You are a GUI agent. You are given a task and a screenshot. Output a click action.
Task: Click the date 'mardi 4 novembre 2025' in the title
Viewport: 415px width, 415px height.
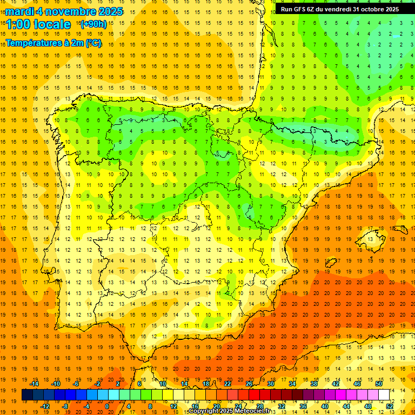tap(64, 11)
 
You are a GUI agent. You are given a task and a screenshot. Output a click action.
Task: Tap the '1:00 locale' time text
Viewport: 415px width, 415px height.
tap(38, 24)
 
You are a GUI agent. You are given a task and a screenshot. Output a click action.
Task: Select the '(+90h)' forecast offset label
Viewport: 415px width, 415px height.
tap(93, 24)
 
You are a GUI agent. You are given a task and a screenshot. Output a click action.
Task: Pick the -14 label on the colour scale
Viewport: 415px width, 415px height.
tap(35, 383)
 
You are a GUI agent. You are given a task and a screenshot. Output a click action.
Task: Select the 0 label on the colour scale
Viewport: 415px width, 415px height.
tap(107, 406)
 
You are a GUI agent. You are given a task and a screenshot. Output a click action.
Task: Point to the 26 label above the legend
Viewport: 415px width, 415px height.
tap(249, 383)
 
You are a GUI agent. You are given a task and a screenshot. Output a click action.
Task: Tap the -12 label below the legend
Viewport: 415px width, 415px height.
tap(45, 406)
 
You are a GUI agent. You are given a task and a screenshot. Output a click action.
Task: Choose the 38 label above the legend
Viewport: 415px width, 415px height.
tap(314, 383)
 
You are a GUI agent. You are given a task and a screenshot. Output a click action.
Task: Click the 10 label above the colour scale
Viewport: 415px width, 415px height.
tap(163, 383)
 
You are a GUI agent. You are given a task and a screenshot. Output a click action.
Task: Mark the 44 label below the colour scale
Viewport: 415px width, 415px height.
tap(346, 406)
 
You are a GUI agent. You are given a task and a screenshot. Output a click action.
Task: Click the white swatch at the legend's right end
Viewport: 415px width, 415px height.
tap(384, 395)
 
